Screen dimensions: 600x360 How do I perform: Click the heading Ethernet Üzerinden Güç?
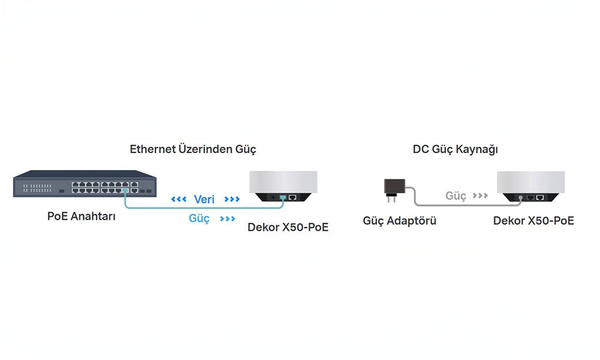click(193, 149)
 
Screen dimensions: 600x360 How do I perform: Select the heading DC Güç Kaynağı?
click(455, 149)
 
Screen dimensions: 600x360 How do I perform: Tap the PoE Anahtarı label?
click(81, 216)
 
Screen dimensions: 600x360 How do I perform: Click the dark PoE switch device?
click(85, 184)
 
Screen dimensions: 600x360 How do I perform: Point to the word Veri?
click(204, 199)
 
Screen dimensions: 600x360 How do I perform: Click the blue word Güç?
click(199, 218)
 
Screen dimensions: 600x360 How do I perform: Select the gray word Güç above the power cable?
click(456, 196)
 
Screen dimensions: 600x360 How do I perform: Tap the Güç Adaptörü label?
click(400, 221)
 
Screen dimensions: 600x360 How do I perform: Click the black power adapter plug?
click(394, 190)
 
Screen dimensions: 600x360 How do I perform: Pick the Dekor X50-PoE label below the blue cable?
click(288, 227)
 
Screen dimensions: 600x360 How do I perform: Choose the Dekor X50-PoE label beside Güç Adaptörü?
click(533, 221)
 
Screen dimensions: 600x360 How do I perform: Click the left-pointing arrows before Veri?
click(179, 199)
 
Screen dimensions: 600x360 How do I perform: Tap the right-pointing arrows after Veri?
click(232, 199)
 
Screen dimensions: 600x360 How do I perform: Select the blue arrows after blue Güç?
click(227, 218)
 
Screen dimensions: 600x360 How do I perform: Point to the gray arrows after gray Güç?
click(480, 196)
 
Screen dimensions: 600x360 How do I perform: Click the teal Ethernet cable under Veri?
click(203, 208)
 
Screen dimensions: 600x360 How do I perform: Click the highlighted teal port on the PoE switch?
click(125, 190)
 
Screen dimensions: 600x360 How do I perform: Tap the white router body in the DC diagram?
click(530, 182)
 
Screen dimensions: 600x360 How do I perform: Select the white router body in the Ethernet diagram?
click(283, 182)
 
